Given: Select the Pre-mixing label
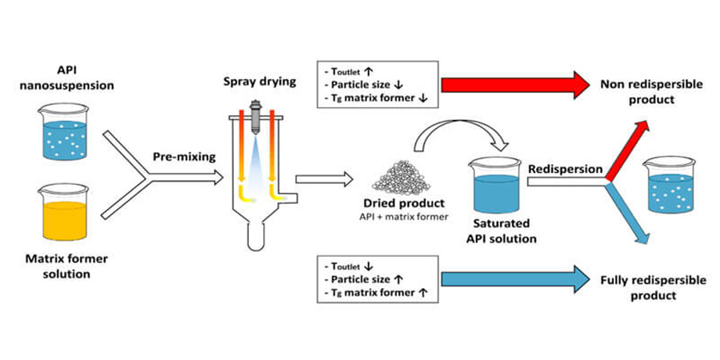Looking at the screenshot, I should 185,157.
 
